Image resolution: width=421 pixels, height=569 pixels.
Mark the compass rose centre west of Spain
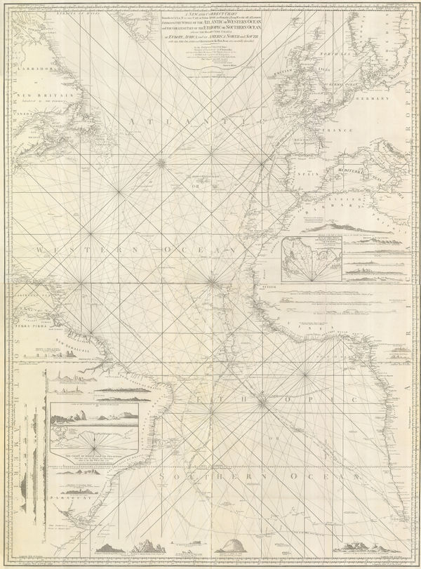click(161, 164)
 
